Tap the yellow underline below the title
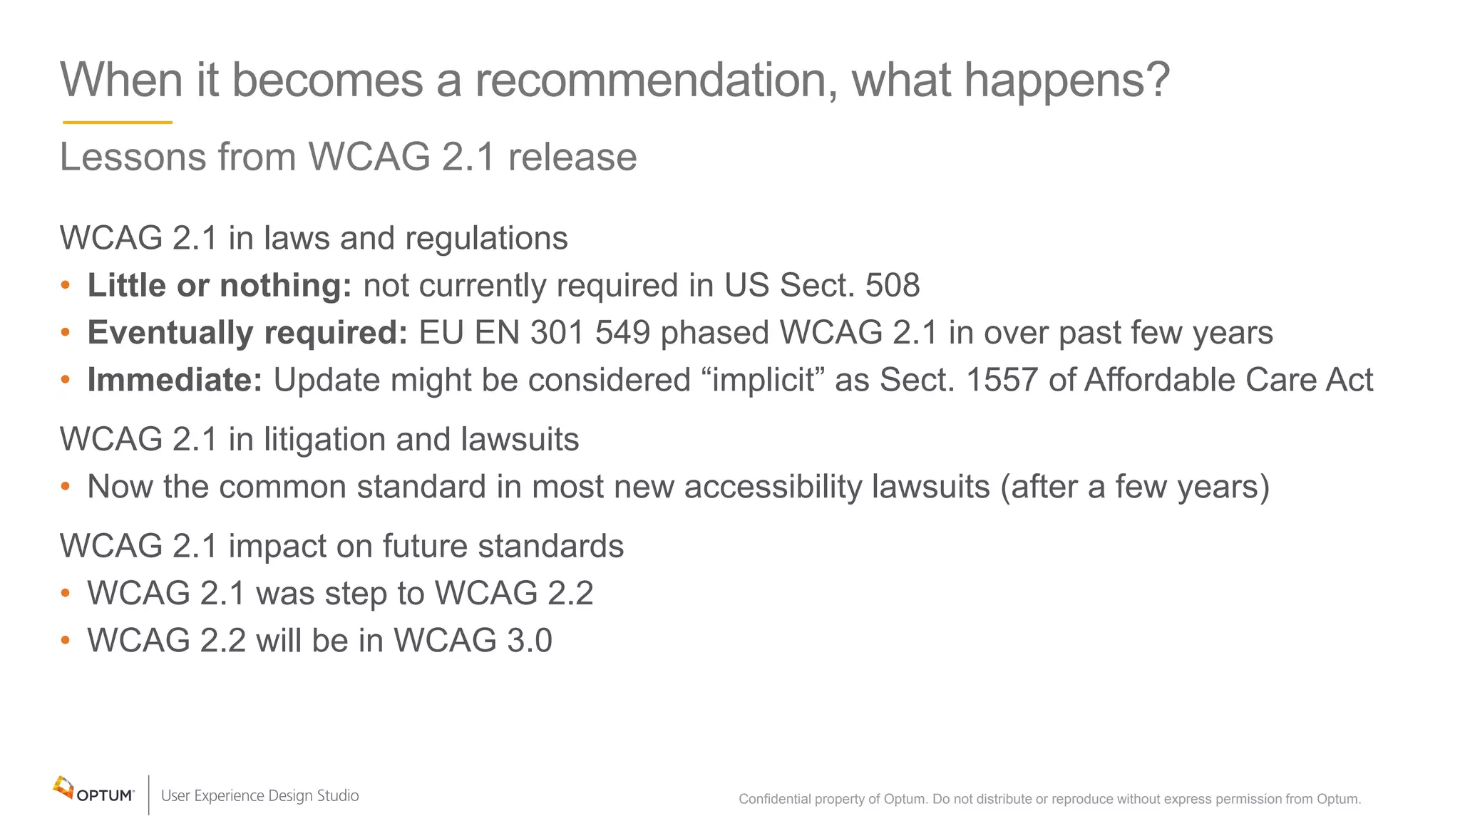tap(118, 123)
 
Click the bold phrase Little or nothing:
tap(220, 285)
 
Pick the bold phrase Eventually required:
tap(247, 333)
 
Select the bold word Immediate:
tap(175, 380)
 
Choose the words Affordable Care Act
tap(1228, 380)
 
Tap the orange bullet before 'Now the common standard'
tap(66, 487)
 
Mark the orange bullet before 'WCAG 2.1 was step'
tap(66, 593)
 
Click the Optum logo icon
tap(63, 788)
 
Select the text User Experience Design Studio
tap(260, 795)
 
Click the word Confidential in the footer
tap(774, 799)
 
